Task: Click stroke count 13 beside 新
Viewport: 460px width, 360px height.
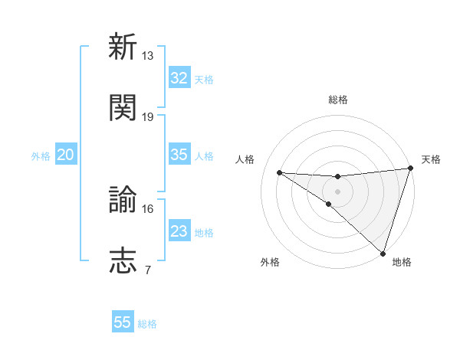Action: (x=148, y=56)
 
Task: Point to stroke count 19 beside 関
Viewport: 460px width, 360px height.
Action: (x=148, y=117)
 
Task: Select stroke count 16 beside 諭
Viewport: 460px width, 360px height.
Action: (x=148, y=208)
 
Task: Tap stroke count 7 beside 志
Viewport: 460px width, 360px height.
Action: (x=147, y=270)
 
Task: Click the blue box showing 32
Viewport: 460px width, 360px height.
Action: (x=179, y=78)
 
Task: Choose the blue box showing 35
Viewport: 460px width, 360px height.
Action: (x=179, y=155)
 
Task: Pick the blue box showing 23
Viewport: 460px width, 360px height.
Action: (x=179, y=231)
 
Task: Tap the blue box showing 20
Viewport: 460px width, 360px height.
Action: (x=65, y=155)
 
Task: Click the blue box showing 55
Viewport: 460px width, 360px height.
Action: (x=123, y=322)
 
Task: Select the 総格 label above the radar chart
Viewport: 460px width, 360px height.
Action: (x=337, y=100)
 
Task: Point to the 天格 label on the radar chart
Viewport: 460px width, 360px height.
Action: (x=431, y=159)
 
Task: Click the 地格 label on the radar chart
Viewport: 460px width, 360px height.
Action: (x=402, y=262)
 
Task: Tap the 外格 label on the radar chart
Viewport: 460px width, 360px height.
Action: (x=270, y=262)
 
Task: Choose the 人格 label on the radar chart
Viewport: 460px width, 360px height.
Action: (x=245, y=159)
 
